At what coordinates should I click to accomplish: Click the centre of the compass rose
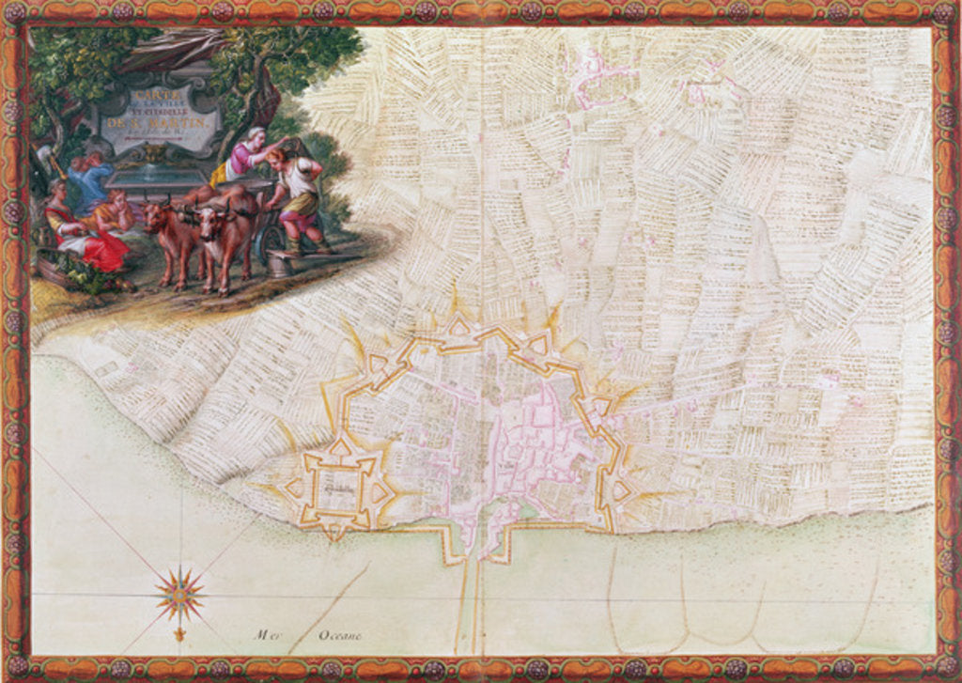180,595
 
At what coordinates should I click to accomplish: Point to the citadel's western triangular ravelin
295,486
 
